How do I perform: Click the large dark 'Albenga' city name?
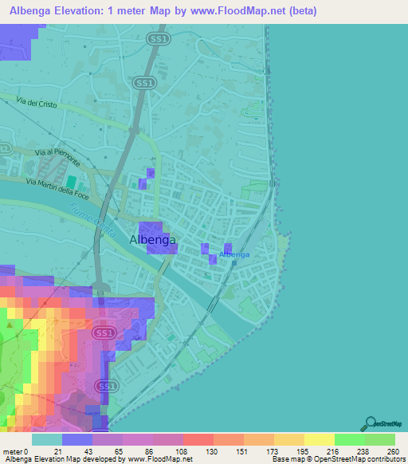click(x=152, y=239)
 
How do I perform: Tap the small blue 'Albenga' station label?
click(x=234, y=254)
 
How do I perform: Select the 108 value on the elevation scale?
click(x=182, y=450)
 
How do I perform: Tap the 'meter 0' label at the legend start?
click(x=16, y=450)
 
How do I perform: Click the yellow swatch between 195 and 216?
click(x=320, y=439)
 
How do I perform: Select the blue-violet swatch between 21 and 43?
click(x=77, y=439)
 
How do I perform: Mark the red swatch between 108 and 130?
click(x=198, y=439)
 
